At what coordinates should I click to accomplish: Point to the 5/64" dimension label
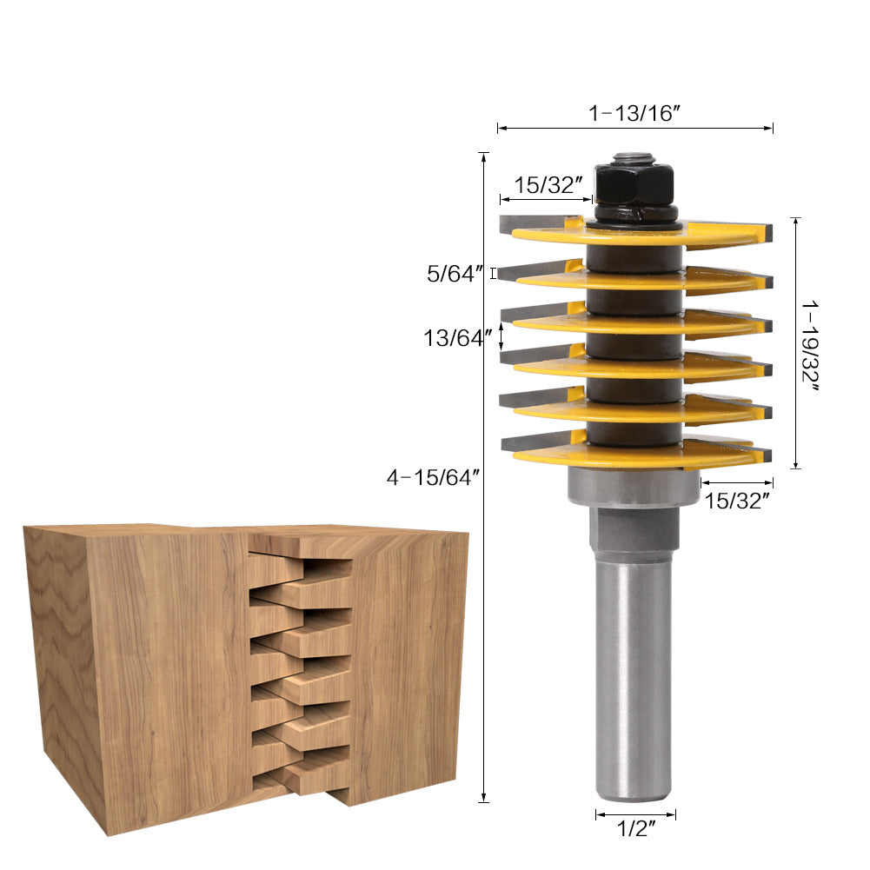click(x=454, y=274)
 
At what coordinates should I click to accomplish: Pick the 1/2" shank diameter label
click(x=634, y=829)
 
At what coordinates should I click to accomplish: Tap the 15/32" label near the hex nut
click(x=547, y=185)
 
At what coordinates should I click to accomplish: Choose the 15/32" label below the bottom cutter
click(x=736, y=501)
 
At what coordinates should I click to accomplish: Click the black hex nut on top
click(x=634, y=183)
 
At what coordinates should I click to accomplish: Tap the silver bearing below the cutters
click(x=634, y=486)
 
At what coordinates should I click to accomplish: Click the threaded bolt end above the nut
click(x=633, y=158)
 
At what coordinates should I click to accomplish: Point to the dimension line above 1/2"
click(x=635, y=814)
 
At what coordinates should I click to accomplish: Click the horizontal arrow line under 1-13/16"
click(x=634, y=129)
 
